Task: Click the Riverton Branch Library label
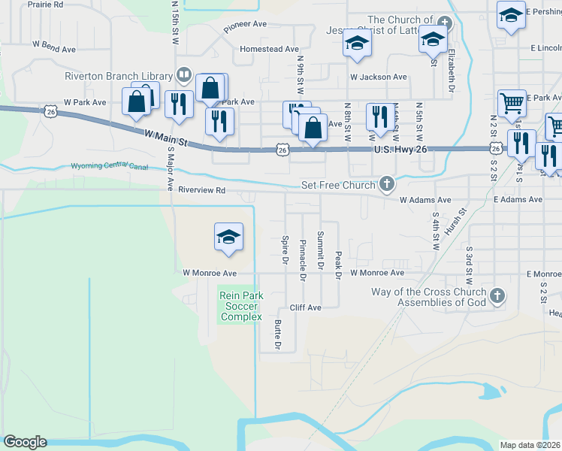click(x=119, y=75)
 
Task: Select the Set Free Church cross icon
click(x=387, y=184)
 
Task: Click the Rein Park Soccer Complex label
click(x=240, y=306)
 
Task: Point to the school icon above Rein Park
click(x=228, y=237)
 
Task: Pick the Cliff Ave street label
click(x=306, y=307)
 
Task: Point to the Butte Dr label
click(x=278, y=335)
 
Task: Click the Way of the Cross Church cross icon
click(x=497, y=296)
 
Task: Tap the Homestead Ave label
click(x=270, y=49)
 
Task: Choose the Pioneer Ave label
click(x=245, y=24)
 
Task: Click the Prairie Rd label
click(x=47, y=5)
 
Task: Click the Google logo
click(x=25, y=442)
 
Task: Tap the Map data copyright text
click(x=530, y=445)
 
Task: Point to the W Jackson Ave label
click(x=378, y=77)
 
